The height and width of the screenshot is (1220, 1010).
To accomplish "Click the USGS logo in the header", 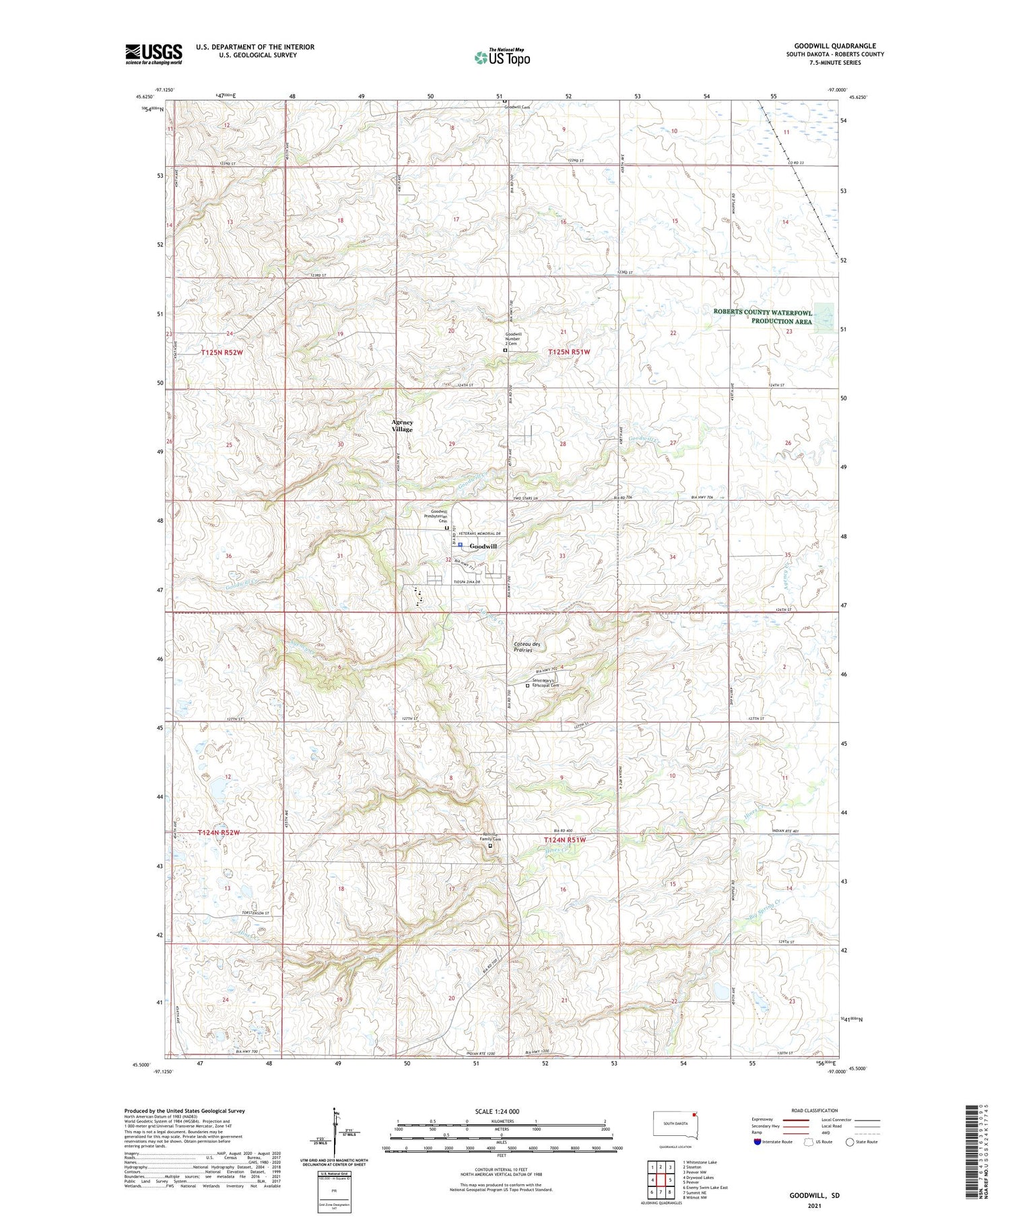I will click(x=154, y=54).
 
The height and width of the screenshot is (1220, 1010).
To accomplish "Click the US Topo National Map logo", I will click(x=502, y=57).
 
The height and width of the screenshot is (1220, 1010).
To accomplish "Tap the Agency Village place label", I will click(x=402, y=426).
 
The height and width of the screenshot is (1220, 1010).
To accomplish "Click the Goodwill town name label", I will click(x=483, y=546).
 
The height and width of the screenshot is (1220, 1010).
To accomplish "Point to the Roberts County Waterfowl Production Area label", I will click(x=763, y=317).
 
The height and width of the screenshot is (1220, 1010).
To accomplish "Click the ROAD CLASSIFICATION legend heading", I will click(x=815, y=1110).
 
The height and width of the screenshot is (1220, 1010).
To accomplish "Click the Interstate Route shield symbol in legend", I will click(x=757, y=1142).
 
